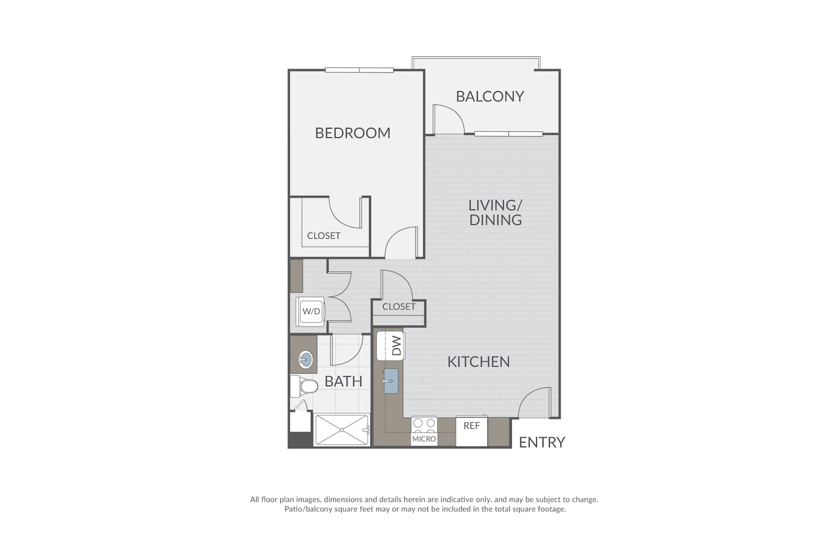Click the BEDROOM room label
click(353, 133)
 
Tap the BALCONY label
click(490, 96)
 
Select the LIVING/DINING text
click(495, 212)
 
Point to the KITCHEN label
click(478, 362)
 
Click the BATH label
click(343, 381)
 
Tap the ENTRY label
click(542, 442)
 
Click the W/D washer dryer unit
click(311, 312)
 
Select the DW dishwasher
click(391, 346)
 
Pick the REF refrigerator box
click(472, 431)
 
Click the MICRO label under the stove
click(424, 439)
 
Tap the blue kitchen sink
click(391, 381)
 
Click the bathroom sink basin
click(306, 360)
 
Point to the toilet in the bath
click(303, 386)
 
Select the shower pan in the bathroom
click(342, 429)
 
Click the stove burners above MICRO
click(424, 424)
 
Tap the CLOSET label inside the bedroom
click(323, 236)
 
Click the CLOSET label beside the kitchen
click(399, 306)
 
